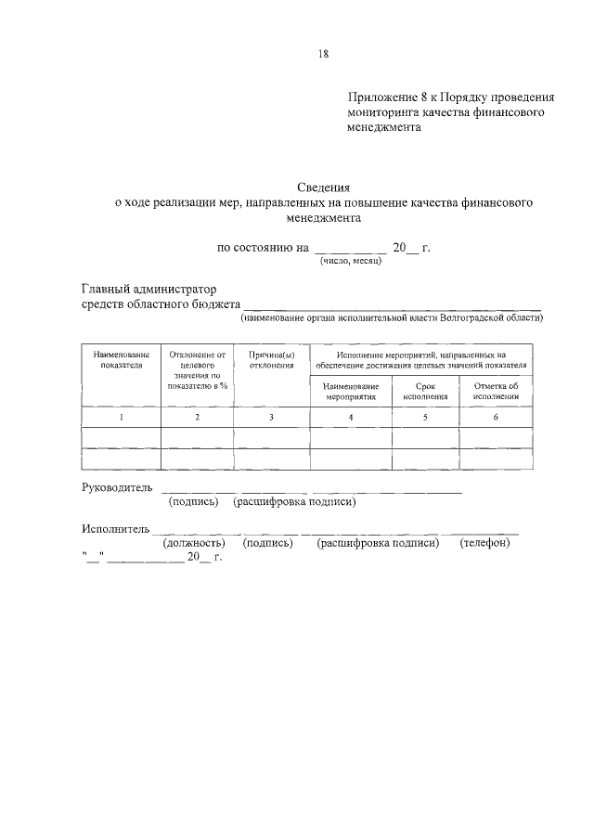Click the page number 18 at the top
tap(323, 54)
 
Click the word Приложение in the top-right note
tap(381, 96)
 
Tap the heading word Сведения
tap(323, 187)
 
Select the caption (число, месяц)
tap(352, 261)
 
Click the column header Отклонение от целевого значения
tap(197, 368)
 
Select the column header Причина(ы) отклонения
tap(271, 359)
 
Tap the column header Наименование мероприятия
tap(351, 391)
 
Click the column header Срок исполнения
tap(425, 391)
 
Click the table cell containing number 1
tap(122, 418)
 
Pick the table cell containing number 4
tap(351, 418)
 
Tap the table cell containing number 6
tap(496, 418)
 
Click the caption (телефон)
tap(484, 543)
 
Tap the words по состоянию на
tap(261, 248)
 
